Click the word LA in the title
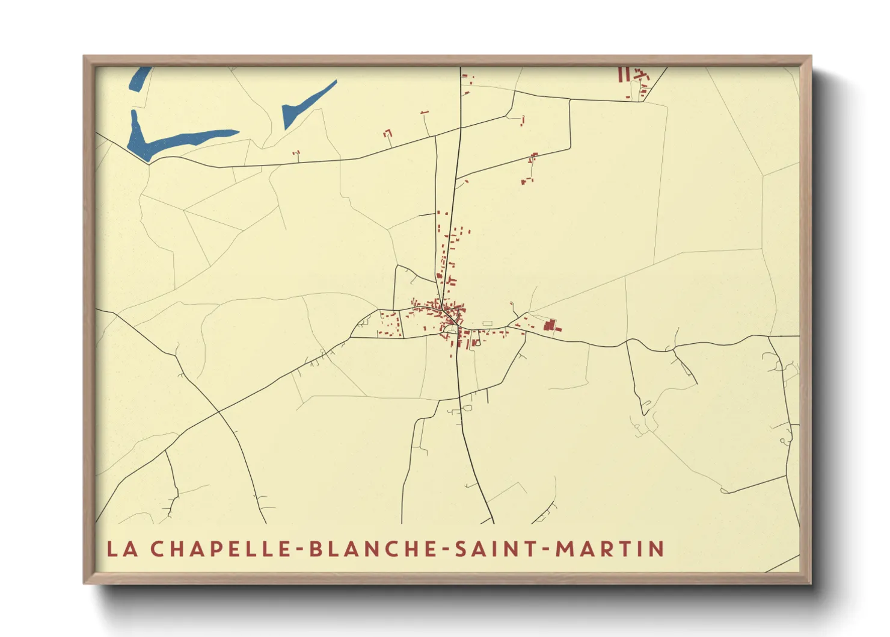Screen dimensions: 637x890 (120, 549)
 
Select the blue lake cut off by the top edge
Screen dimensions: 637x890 (140, 78)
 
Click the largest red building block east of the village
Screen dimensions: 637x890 (549, 326)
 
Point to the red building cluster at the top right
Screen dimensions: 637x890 (634, 77)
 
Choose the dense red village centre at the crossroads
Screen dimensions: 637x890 (449, 316)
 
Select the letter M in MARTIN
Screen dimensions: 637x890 (565, 549)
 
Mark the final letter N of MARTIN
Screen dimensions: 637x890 (657, 549)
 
